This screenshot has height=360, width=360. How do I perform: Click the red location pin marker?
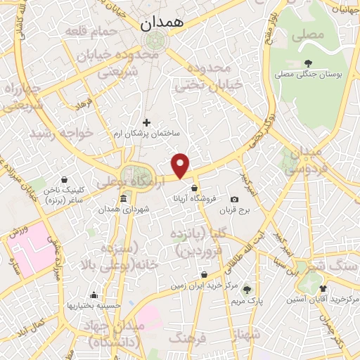(x=181, y=165)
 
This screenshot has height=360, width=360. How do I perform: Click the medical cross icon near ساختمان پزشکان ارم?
(x=146, y=123)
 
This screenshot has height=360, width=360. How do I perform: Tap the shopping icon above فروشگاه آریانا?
(x=194, y=188)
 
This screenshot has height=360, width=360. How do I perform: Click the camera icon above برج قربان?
(x=234, y=200)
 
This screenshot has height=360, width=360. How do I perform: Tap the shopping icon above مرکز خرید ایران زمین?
(x=204, y=275)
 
